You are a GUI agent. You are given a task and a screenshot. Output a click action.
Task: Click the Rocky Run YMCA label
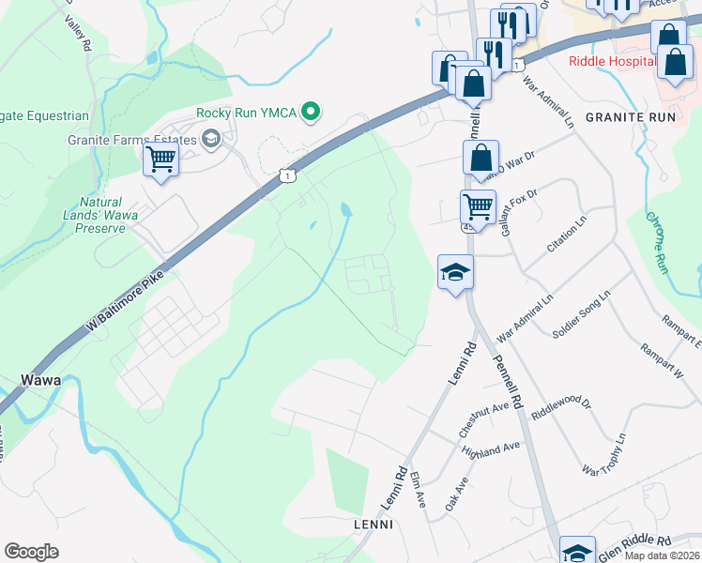pos(246,113)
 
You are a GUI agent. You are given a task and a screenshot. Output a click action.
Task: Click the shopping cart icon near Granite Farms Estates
pos(160,160)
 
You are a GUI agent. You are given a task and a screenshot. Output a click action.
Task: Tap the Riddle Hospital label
pos(611,61)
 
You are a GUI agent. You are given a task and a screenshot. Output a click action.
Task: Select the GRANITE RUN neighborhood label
pos(630,117)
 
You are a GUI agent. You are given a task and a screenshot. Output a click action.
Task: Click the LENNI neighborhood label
pos(373,524)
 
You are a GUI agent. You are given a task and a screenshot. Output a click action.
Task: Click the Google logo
pos(31,552)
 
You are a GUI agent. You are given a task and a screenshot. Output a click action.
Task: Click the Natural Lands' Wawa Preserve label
pos(100,215)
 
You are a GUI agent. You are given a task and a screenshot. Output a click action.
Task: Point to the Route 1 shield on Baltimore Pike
pos(287,175)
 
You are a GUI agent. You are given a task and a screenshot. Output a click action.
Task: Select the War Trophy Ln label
pos(603,455)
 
